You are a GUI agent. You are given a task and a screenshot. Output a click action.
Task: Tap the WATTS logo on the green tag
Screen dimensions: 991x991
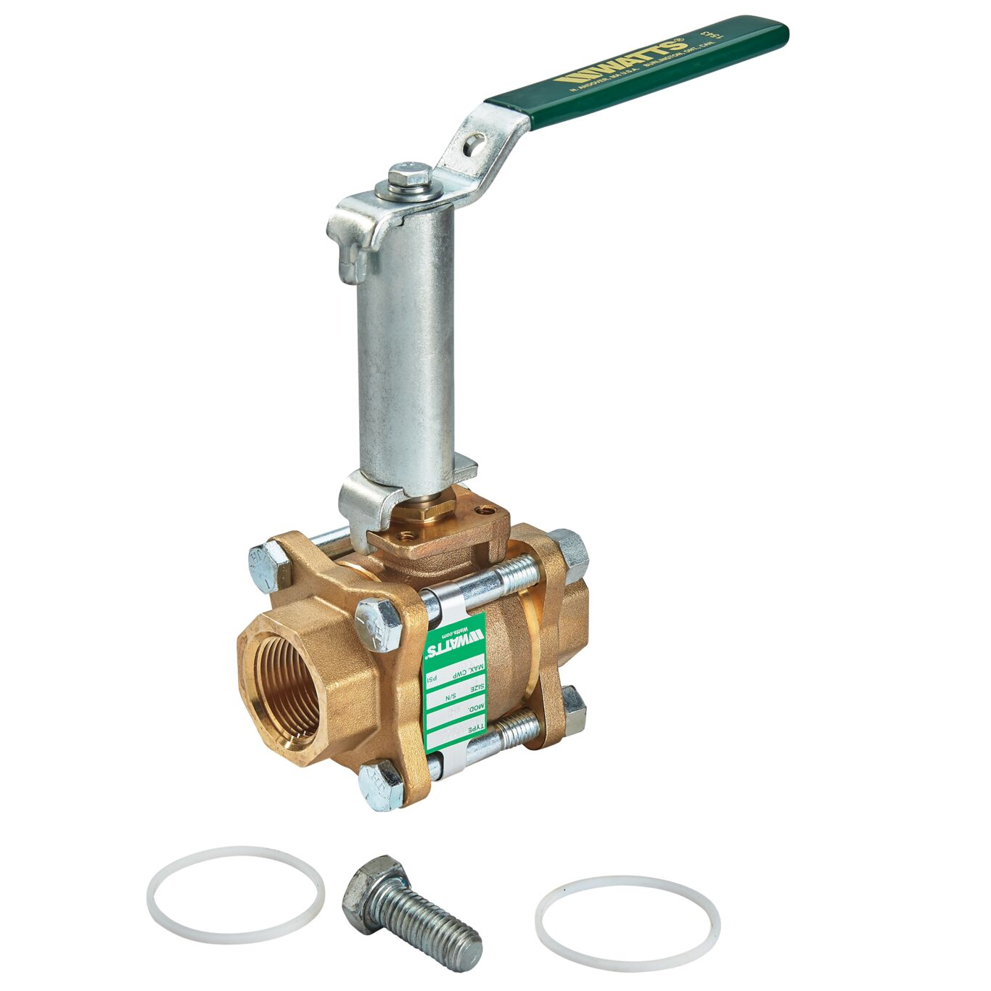tap(453, 641)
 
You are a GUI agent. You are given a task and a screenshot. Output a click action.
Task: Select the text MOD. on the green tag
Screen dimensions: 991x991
tap(475, 707)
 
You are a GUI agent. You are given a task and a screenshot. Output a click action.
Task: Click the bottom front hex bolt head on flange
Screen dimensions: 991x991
tap(380, 785)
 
